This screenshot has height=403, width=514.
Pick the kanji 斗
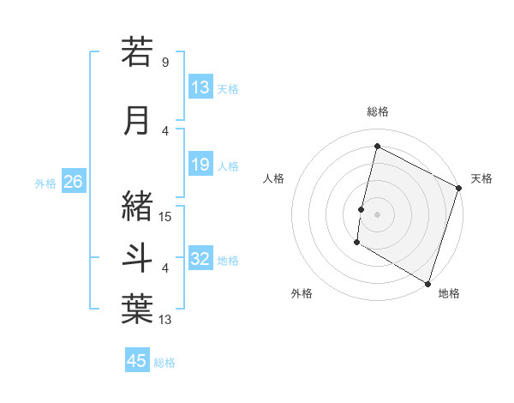click(x=137, y=256)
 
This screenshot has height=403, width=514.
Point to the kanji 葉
click(x=137, y=308)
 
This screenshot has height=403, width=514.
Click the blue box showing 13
click(x=200, y=87)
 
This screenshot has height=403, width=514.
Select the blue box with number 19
click(x=200, y=165)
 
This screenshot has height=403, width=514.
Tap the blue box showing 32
click(x=200, y=259)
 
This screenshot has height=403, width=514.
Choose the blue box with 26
click(x=73, y=182)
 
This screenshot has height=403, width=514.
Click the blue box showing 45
click(x=137, y=361)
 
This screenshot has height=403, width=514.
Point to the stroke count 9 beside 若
click(x=164, y=62)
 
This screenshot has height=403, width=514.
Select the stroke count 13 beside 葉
click(x=164, y=320)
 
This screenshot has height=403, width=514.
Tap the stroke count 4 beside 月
click(x=164, y=130)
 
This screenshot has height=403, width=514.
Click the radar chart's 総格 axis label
click(x=377, y=111)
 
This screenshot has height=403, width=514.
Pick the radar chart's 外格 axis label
click(x=302, y=293)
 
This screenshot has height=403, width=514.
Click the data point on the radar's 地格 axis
click(x=427, y=282)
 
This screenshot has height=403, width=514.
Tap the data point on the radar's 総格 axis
click(x=377, y=147)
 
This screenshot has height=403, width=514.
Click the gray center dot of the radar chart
click(x=377, y=214)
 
